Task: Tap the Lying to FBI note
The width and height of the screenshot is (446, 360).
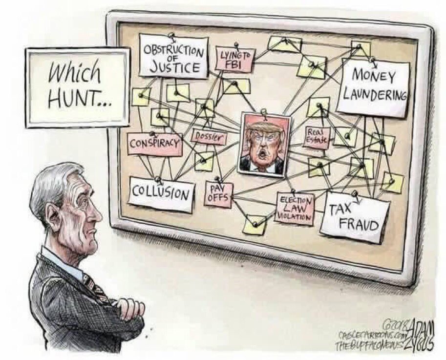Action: (x=235, y=60)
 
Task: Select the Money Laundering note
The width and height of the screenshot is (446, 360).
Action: (x=375, y=86)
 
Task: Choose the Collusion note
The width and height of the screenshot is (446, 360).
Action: (x=161, y=193)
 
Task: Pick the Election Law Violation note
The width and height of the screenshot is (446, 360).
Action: (x=294, y=208)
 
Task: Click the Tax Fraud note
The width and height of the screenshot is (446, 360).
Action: (x=355, y=217)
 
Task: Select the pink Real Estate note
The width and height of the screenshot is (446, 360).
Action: (x=316, y=137)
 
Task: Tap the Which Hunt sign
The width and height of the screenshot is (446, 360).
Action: (x=78, y=86)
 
